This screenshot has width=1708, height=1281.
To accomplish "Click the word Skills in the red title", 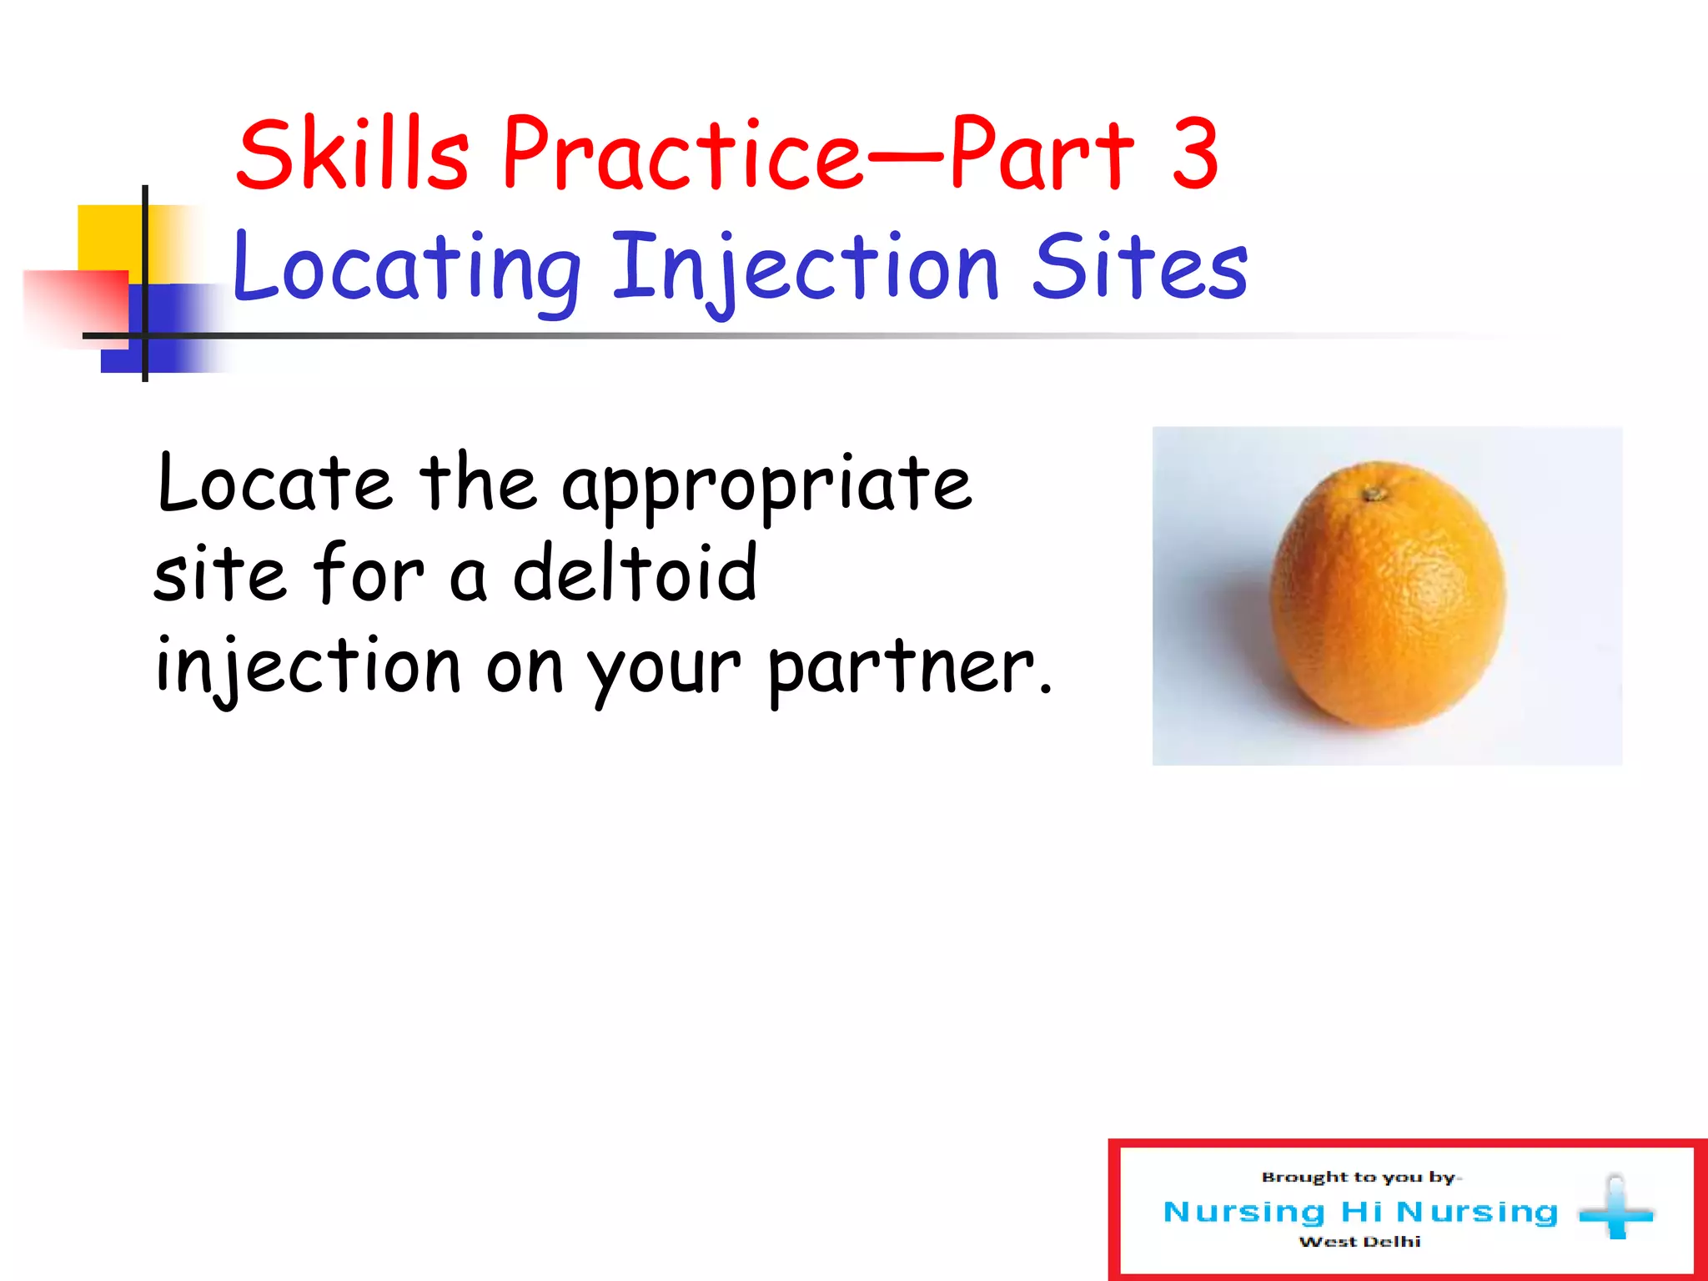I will pos(353,154).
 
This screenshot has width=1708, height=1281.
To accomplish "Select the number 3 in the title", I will pos(1194,154).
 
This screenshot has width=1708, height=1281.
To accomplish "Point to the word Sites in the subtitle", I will pos(1139,267).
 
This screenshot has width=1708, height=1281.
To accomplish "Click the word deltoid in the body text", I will pos(635,574).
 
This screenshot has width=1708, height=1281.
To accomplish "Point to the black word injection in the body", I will pos(308,667).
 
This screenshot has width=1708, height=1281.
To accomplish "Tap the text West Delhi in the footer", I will pos(1359,1242).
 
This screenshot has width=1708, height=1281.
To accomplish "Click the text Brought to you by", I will pos(1359,1177).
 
